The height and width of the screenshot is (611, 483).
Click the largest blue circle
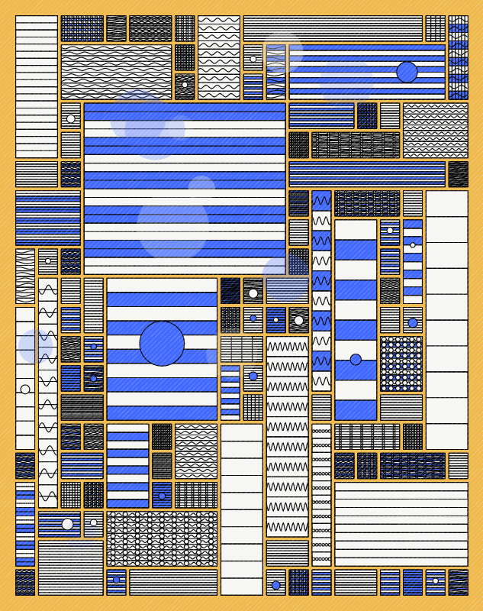pyautogui.click(x=162, y=344)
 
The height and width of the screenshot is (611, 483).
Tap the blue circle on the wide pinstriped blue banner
pyautogui.click(x=407, y=72)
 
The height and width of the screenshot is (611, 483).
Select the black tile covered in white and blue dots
pyautogui.click(x=401, y=364)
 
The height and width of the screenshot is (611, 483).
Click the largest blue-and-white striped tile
pyautogui.click(x=185, y=189)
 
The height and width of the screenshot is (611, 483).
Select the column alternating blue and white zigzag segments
pyautogui.click(x=321, y=290)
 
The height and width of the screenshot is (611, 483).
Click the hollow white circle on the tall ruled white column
pyautogui.click(x=25, y=390)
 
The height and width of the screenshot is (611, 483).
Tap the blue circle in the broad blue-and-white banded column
pyautogui.click(x=356, y=359)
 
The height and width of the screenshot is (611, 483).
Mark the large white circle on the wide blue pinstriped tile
pyautogui.click(x=68, y=524)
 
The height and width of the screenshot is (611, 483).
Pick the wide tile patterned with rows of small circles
pyautogui.click(x=162, y=538)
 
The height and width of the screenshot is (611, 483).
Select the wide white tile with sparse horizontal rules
pyautogui.click(x=401, y=524)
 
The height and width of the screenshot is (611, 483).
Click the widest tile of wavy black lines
pyautogui.click(x=116, y=72)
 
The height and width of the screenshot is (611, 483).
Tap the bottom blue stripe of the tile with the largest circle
pyautogui.click(x=162, y=413)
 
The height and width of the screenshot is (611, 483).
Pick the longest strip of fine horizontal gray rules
pyautogui.click(x=333, y=28)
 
